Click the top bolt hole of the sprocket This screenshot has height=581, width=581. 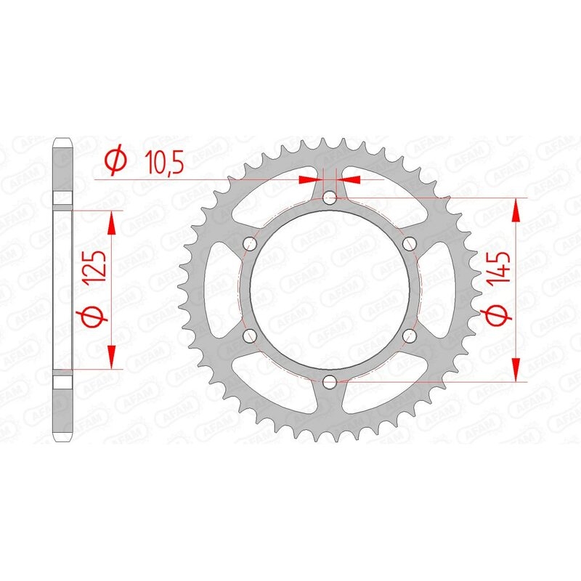pyautogui.click(x=330, y=197)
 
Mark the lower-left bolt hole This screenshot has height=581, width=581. pyautogui.click(x=251, y=335)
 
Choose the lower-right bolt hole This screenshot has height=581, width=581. pyautogui.click(x=410, y=335)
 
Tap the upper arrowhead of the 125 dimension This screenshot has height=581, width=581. pyautogui.click(x=112, y=222)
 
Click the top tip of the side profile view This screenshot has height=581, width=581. pyautogui.click(x=62, y=138)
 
